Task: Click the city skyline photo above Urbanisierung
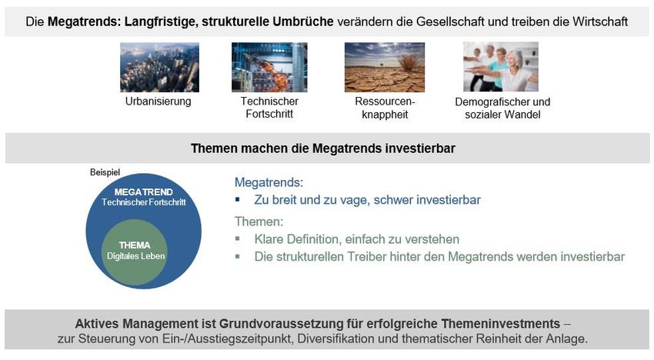tap(159, 67)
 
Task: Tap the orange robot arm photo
tap(269, 67)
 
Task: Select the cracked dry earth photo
tap(385, 67)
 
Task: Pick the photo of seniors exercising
tap(501, 67)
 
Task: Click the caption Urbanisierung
tap(158, 102)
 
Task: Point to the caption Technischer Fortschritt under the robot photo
tap(269, 108)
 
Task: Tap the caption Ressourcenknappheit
tap(385, 108)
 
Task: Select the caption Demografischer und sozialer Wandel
tap(502, 108)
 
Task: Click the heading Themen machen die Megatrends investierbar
tap(323, 148)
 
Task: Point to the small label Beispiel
tap(105, 172)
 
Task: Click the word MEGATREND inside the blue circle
tap(143, 192)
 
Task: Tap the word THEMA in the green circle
tap(135, 245)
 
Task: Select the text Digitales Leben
tap(136, 256)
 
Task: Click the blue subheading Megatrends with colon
tap(269, 182)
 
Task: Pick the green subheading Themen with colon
tap(259, 221)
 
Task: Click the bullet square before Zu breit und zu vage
tap(237, 199)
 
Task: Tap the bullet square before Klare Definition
tap(237, 238)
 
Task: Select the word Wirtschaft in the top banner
tap(600, 22)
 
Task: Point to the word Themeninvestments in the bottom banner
tap(501, 324)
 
